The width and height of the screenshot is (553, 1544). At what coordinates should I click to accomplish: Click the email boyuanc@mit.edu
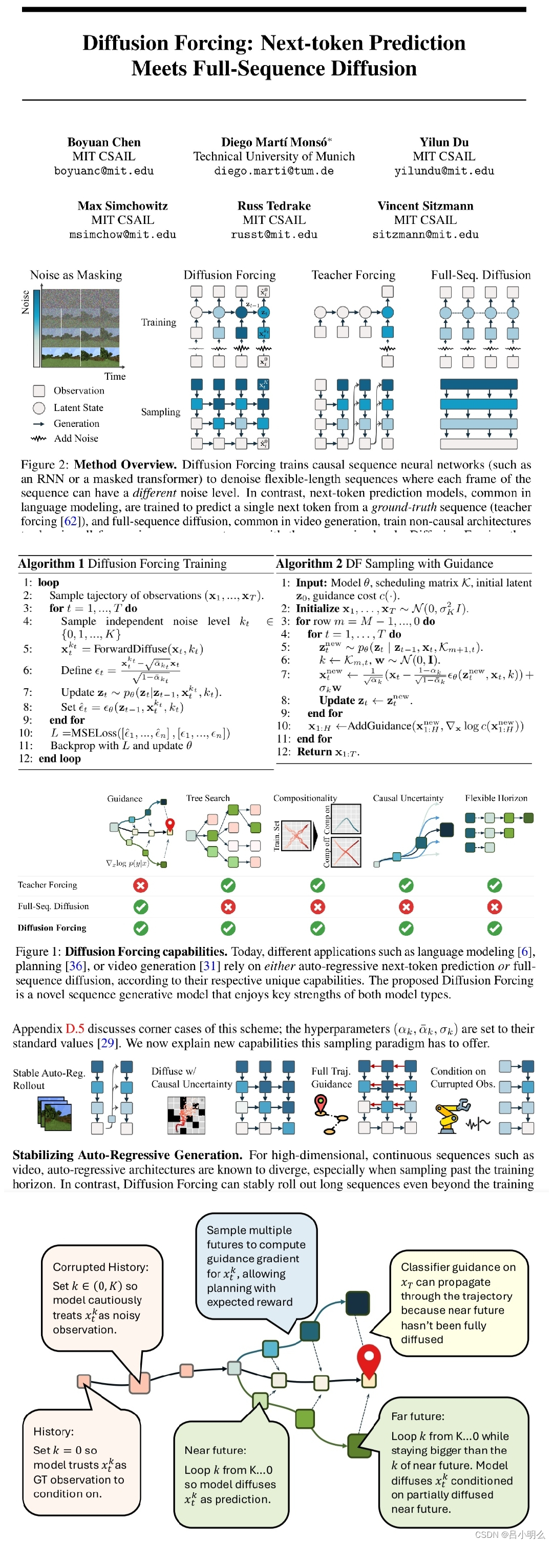[103, 171]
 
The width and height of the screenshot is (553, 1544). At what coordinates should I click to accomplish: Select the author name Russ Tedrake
[274, 205]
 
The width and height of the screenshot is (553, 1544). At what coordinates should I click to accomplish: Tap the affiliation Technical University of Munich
[274, 156]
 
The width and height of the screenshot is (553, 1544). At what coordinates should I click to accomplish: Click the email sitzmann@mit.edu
[426, 234]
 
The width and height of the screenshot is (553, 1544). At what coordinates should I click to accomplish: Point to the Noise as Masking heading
[76, 275]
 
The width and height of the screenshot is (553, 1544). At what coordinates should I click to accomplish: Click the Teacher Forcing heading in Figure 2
[353, 275]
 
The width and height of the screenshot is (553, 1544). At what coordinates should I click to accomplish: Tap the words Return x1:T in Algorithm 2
[328, 752]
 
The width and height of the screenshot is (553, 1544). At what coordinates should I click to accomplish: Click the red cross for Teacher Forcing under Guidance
[141, 886]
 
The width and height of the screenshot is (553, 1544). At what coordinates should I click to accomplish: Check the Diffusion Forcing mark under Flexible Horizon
[494, 928]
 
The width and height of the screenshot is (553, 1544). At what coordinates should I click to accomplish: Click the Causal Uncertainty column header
[408, 798]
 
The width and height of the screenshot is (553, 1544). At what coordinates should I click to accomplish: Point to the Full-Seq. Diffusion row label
[53, 906]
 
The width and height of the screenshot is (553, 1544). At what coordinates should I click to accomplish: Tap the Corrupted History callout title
[101, 1266]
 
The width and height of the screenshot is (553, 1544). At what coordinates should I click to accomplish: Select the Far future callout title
[418, 1416]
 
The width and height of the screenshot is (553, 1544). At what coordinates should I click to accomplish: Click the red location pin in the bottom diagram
[369, 1360]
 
